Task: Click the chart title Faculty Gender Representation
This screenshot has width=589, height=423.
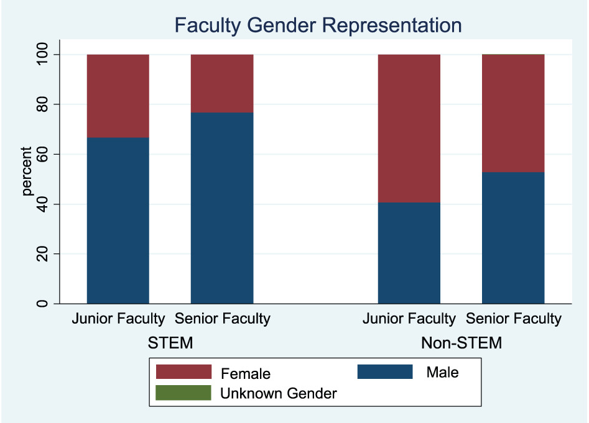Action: pos(318,25)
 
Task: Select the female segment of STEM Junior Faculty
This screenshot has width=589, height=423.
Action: pos(118,96)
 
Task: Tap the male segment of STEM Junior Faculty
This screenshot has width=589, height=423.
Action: pos(118,221)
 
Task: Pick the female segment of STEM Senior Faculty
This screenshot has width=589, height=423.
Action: pos(222,83)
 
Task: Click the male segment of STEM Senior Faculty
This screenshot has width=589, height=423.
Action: pos(222,208)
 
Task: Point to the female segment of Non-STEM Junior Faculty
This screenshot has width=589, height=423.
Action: pos(409,128)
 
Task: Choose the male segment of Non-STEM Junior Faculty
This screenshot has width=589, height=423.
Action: pos(409,253)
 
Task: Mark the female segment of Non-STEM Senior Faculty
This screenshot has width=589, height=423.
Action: pos(513,113)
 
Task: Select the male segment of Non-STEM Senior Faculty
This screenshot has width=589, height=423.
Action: pos(513,238)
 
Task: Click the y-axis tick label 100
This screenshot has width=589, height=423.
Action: pos(42,55)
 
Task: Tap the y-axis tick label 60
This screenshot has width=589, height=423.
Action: pos(42,154)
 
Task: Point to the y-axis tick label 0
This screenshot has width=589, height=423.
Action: pos(42,304)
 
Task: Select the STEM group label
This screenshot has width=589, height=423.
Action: pos(170,342)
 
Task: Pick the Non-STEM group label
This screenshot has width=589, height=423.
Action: pos(461,342)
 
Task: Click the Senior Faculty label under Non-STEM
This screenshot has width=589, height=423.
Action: pos(514,319)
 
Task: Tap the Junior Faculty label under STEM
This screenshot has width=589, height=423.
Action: pos(118,319)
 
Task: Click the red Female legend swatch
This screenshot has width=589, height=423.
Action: pos(183,372)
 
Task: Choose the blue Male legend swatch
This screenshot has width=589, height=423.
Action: pos(385,372)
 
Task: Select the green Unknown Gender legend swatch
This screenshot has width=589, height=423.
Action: pos(183,393)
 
